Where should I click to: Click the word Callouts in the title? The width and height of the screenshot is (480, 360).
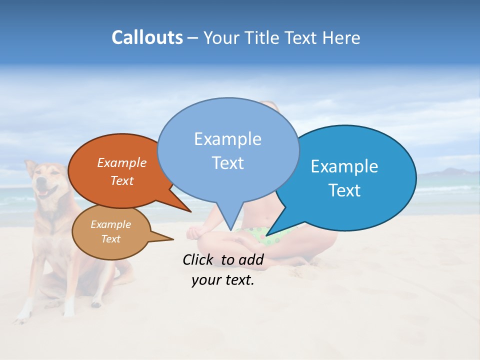147,37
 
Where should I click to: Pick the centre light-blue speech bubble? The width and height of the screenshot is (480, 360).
228,150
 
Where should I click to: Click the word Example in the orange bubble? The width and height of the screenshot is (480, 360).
122,163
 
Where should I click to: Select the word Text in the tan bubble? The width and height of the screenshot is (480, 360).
111,239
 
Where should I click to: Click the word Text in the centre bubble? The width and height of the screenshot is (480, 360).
228,163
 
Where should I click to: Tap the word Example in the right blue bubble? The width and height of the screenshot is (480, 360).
344,166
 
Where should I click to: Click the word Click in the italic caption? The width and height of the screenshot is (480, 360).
198,259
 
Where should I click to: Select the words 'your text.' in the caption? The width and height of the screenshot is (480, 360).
223,280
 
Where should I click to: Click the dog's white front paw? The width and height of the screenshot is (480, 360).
22,315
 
